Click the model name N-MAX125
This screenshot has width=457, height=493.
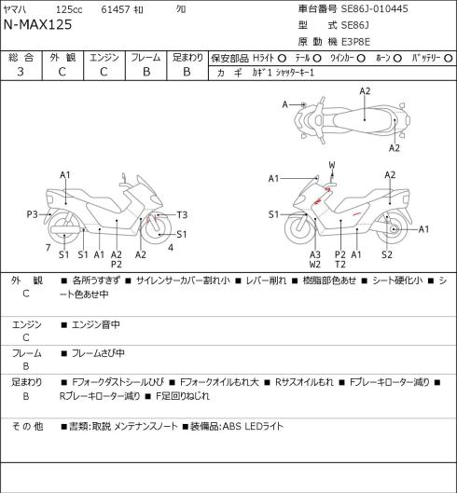(x=37, y=24)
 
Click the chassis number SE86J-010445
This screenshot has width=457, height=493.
(x=375, y=8)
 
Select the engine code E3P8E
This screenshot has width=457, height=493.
(x=355, y=42)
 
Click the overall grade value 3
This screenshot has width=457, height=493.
(x=21, y=72)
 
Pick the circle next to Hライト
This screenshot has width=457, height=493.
(x=282, y=58)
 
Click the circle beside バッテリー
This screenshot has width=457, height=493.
(x=449, y=58)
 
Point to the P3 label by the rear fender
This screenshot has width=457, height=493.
(x=32, y=214)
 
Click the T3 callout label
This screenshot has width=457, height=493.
(x=182, y=214)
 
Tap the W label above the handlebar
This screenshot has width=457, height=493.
(x=332, y=165)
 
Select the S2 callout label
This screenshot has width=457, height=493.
(x=387, y=254)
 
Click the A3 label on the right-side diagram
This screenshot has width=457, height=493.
(x=315, y=254)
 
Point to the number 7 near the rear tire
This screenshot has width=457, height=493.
(x=48, y=248)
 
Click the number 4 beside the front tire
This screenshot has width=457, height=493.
(x=171, y=248)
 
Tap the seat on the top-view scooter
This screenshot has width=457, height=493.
(x=365, y=118)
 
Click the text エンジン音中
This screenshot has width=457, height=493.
(x=96, y=324)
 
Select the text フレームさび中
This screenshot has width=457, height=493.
(x=98, y=353)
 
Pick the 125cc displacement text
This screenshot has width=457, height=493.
(x=69, y=9)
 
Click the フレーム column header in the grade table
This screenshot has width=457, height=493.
(x=145, y=58)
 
